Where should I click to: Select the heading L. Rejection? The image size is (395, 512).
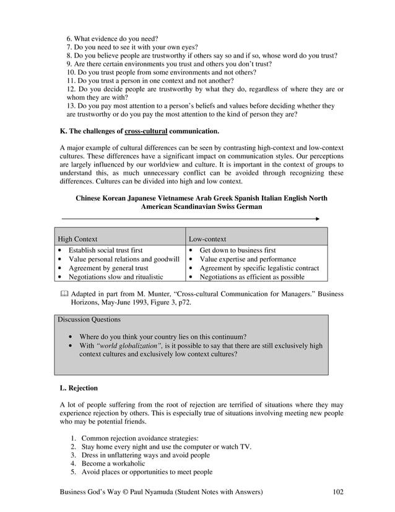tap(79, 388)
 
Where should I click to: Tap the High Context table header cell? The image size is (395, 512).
tap(77, 238)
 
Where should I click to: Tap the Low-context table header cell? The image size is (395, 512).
tap(207, 238)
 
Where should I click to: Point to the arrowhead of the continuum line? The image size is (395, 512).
tap(317, 219)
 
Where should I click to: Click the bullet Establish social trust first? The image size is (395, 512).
tap(105, 250)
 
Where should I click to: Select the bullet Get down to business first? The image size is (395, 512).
tap(237, 250)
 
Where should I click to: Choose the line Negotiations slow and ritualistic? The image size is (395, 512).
tap(115, 277)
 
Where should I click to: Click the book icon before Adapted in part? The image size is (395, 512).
tap(64, 293)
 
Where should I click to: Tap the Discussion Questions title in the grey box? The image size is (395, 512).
tap(89, 320)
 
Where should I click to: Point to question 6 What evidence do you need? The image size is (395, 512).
tap(112, 39)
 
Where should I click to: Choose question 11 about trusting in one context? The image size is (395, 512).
tap(150, 81)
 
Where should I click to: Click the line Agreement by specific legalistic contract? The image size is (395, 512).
tap(259, 268)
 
